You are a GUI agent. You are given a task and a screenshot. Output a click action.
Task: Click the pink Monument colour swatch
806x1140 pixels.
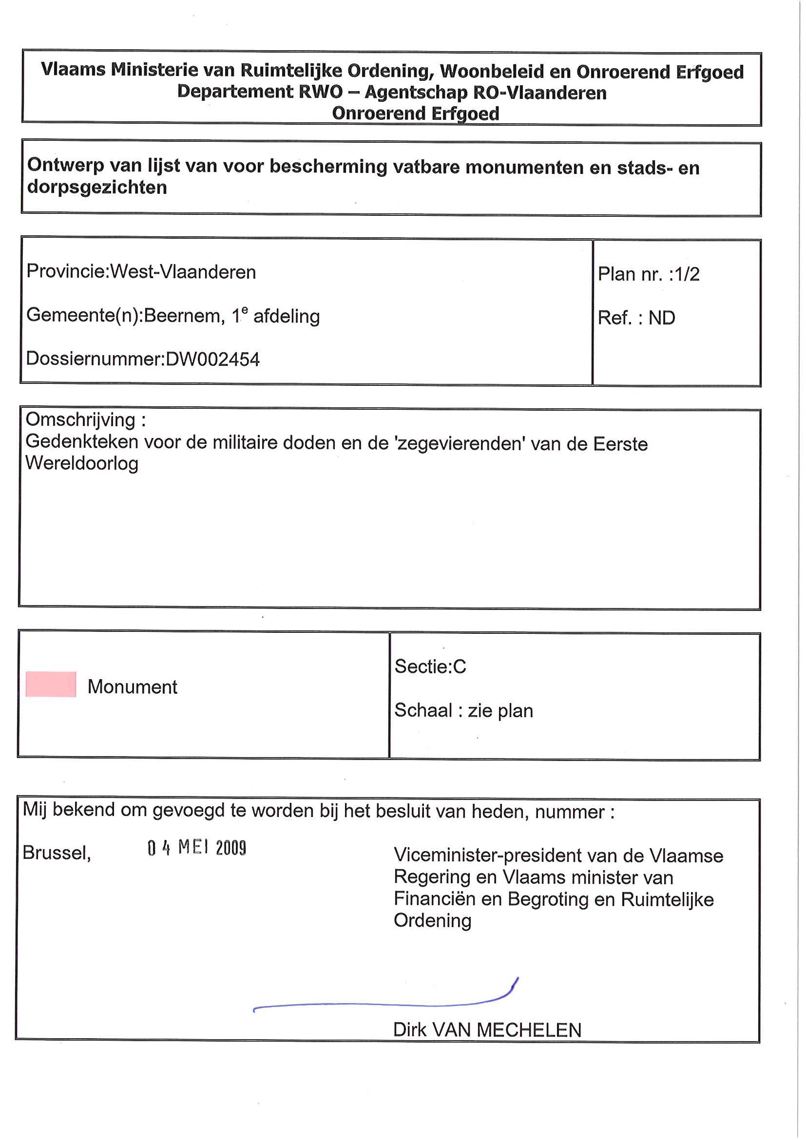pyautogui.click(x=51, y=684)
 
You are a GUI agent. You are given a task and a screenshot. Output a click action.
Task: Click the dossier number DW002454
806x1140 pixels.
pyautogui.click(x=212, y=359)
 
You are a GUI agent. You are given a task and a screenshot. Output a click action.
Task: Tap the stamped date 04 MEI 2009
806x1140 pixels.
pyautogui.click(x=197, y=848)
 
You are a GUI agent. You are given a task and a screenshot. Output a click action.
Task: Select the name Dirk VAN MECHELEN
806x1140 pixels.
pyautogui.click(x=487, y=1030)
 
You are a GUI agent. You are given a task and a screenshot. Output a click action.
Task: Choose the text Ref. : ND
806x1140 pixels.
pyautogui.click(x=636, y=318)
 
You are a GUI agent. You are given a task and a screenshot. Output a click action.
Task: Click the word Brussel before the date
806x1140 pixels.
pyautogui.click(x=56, y=853)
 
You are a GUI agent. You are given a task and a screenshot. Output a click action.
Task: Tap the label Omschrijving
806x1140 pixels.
pyautogui.click(x=80, y=420)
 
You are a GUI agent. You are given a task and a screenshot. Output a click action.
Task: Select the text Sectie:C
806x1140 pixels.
pyautogui.click(x=430, y=666)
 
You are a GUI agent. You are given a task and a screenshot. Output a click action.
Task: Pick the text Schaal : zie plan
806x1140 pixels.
pyautogui.click(x=463, y=710)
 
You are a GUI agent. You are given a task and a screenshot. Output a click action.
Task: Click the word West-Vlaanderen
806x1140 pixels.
pyautogui.click(x=183, y=272)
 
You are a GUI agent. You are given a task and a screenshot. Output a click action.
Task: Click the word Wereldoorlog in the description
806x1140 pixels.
pyautogui.click(x=82, y=463)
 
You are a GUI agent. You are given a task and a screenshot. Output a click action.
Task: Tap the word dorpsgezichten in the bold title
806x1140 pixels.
pyautogui.click(x=97, y=188)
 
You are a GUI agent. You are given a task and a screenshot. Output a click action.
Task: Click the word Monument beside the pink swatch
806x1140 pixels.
pyautogui.click(x=132, y=687)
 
